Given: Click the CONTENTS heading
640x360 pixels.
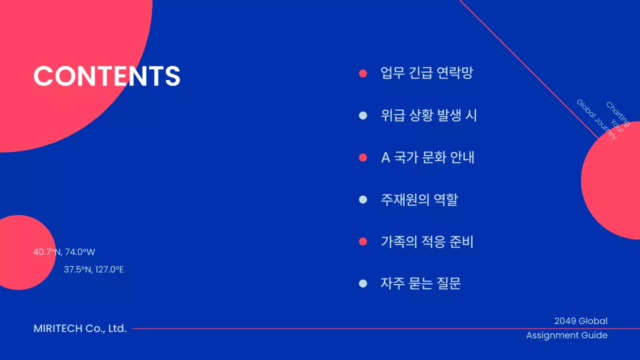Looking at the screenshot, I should [106, 76].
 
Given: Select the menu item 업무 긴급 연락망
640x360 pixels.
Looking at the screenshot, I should [426, 73].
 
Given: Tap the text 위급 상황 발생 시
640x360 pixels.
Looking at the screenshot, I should [428, 115].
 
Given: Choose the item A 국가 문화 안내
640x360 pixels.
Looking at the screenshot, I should [427, 157].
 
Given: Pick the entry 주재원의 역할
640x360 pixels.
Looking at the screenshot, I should [419, 200].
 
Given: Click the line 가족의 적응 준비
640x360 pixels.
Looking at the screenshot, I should [427, 242].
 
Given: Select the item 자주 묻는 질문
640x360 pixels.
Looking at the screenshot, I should [420, 283].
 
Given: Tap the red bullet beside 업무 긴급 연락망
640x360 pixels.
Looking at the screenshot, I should [363, 73].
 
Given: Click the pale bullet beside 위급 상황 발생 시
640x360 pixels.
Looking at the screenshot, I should [363, 115].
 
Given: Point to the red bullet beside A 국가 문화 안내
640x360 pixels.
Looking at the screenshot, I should [363, 157].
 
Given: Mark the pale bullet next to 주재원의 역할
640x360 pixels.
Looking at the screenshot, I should [363, 200].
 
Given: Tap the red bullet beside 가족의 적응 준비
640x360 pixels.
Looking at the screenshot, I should [363, 242].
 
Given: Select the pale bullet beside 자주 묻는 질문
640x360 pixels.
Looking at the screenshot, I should [363, 283].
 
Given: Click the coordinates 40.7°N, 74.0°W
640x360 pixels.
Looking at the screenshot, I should [64, 252].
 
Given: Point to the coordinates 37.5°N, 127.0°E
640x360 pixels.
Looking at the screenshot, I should [93, 269].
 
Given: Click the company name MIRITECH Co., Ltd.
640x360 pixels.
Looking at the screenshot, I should [80, 328].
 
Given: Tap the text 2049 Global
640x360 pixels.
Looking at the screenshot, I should [580, 321].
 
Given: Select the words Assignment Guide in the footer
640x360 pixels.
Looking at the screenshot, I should [566, 335].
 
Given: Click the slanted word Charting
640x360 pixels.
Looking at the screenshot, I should [617, 114].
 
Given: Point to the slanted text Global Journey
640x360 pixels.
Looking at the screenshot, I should [596, 119].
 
